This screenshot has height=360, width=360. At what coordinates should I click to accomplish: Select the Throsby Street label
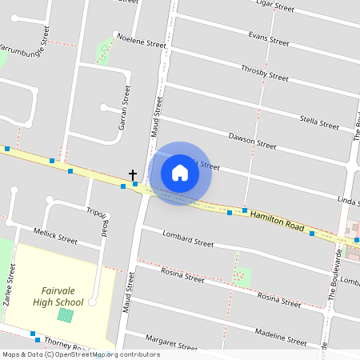coord(264,73)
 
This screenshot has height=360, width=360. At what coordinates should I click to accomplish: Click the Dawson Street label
coord(252,142)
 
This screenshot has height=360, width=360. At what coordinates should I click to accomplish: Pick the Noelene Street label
coord(141,42)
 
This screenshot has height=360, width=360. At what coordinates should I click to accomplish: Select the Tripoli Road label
coord(97,221)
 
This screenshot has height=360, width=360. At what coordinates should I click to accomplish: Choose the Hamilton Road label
coord(277,222)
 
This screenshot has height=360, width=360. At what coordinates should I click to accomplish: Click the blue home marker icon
coord(180,173)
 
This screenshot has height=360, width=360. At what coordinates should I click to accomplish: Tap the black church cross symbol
coord(133,174)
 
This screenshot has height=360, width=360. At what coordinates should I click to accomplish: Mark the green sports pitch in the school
coord(65,315)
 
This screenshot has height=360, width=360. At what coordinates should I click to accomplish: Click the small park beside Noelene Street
coord(104,52)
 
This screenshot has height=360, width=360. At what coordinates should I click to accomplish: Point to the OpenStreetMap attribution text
coord(80,354)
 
